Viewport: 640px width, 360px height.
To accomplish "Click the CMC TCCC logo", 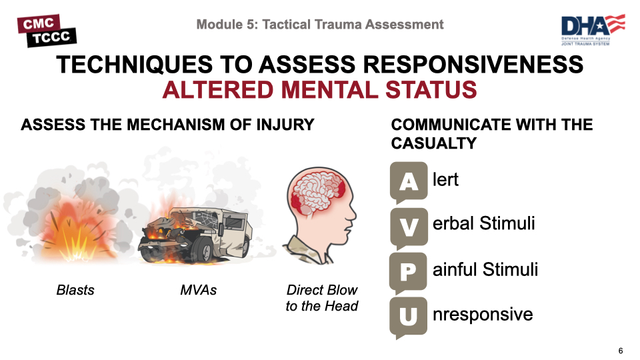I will [46, 31].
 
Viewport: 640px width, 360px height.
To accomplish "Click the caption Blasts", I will [75, 290].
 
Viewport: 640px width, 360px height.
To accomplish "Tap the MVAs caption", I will [199, 290].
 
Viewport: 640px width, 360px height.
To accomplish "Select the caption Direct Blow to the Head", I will [322, 298].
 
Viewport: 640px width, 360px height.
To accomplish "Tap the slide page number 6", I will [621, 351].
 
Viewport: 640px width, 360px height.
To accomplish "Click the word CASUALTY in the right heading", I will [433, 143].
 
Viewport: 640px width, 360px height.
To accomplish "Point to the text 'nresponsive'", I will [483, 314].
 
